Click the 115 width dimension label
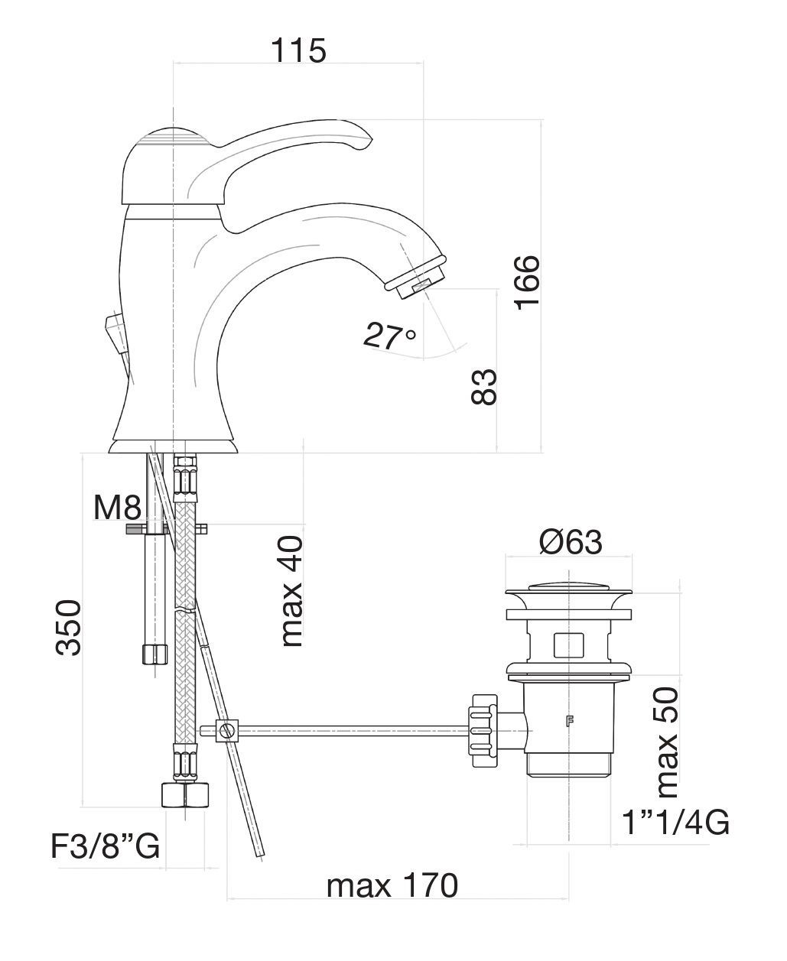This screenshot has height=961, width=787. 298,50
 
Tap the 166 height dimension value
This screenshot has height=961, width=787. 527,283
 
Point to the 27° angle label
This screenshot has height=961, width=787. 389,336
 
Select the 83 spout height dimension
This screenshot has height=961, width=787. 483,387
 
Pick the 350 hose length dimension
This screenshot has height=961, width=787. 68,628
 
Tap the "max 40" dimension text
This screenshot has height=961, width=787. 292,591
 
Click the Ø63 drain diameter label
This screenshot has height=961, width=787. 571,542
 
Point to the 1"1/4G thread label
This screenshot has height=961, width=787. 675,823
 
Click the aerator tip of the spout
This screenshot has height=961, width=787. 415,281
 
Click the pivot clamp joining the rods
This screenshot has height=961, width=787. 226,731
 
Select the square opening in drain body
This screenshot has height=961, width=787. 568,645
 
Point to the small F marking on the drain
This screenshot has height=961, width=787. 569,721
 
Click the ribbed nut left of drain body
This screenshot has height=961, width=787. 483,732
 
